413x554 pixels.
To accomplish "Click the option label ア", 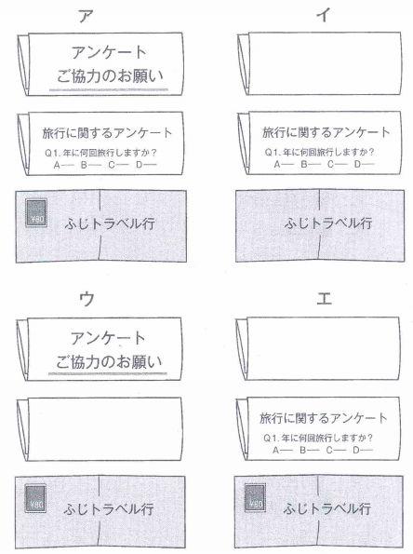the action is [86, 16].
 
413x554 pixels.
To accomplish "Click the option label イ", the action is [324, 15].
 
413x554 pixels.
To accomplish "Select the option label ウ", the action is [87, 299].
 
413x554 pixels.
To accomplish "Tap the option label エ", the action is [324, 299].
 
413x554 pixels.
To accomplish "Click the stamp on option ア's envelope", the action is [36, 212].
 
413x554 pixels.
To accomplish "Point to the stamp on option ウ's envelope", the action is [35, 498].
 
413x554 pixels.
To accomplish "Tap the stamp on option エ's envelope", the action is [255, 497].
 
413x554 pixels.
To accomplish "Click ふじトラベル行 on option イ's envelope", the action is [328, 223].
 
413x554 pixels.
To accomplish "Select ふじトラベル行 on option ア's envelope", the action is [110, 223].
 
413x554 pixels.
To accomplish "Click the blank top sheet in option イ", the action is [325, 63].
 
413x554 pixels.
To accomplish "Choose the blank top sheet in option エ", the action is [323, 348].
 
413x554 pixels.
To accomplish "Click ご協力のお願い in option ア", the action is [110, 76].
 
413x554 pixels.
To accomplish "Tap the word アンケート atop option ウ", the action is [108, 338].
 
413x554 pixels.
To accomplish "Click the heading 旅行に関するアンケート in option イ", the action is [326, 132].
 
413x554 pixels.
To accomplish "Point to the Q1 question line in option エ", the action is [318, 439].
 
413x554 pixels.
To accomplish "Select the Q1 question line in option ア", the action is [100, 153].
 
